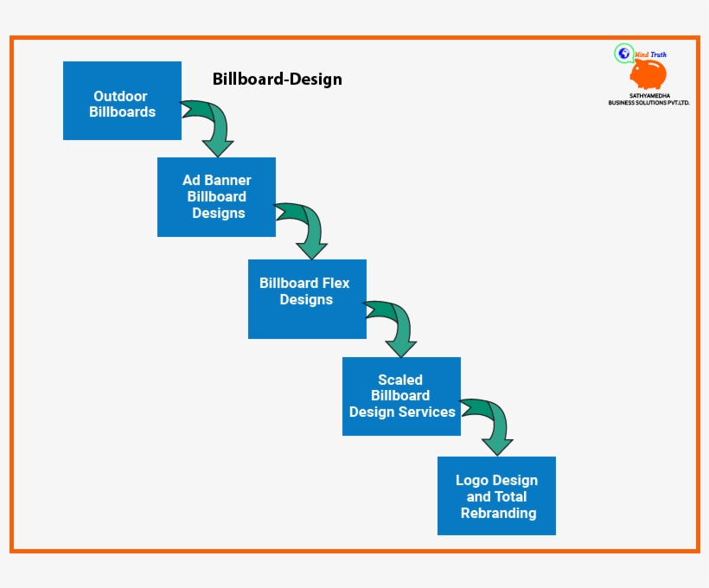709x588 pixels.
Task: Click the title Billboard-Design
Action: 277,80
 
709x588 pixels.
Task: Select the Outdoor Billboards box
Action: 122,100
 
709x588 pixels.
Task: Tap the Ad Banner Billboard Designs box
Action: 216,196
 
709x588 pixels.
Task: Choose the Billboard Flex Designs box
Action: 307,298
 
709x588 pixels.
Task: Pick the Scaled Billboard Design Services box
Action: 401,396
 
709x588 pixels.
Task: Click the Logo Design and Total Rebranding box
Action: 496,495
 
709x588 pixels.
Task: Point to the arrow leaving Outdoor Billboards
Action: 212,126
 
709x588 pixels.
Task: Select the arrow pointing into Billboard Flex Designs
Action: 307,229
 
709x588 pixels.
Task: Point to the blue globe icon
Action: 623,54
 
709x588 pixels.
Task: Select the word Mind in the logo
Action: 642,54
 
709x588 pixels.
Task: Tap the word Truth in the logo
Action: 658,54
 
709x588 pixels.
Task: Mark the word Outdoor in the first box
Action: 120,96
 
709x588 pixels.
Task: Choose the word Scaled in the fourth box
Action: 400,380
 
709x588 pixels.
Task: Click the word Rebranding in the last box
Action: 498,513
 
